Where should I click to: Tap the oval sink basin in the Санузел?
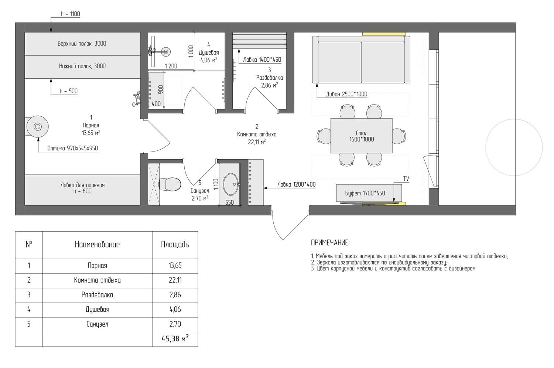pos(231,184)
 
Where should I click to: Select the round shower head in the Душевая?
pos(166,52)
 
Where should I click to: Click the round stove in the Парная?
pos(37,127)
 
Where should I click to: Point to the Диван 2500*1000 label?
pos(347,94)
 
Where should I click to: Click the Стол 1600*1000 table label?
pos(361,136)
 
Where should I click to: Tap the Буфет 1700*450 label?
pos(365,193)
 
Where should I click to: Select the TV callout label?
pos(406,179)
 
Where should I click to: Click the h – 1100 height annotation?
pos(70,14)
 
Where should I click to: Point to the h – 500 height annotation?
pos(68,91)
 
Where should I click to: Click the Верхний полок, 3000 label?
pos(82,44)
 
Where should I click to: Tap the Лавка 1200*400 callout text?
pos(297,184)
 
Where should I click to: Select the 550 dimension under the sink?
pos(229,202)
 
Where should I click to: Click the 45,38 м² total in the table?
pos(175,338)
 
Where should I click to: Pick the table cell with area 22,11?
pos(175,280)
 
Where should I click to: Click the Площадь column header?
pos(175,245)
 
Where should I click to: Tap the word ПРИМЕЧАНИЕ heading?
pos(330,243)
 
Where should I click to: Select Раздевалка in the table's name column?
pos(97,295)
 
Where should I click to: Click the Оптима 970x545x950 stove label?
pos(72,148)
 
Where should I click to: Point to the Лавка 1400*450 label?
pos(262,59)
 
